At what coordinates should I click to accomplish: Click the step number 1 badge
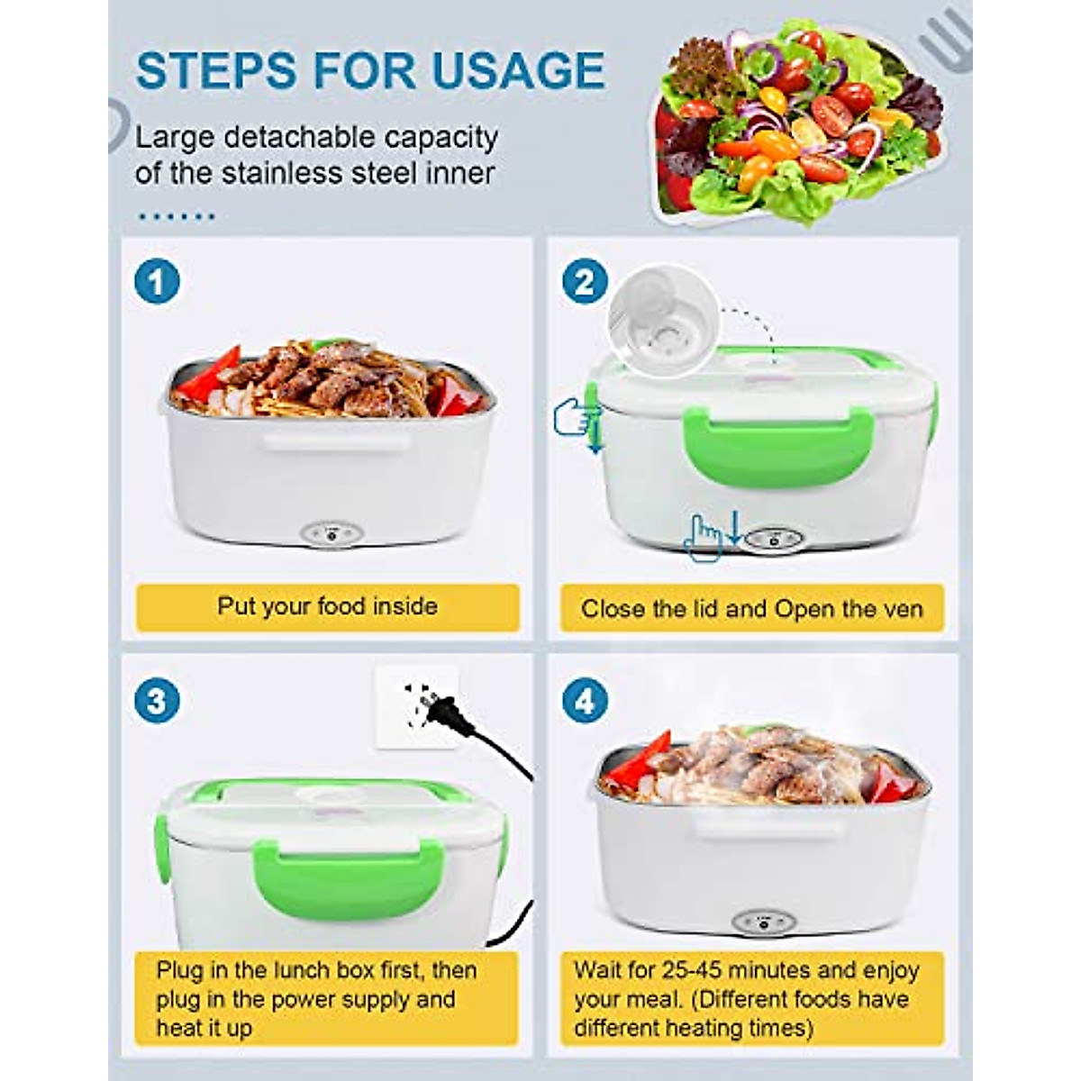[157, 282]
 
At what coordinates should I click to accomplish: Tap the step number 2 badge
[585, 282]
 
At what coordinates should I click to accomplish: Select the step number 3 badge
[157, 701]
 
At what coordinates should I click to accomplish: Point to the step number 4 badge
[585, 701]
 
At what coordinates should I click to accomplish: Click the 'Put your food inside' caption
[327, 606]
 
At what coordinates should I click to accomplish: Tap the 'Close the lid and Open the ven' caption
[752, 609]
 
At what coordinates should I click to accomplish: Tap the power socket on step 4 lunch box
[762, 922]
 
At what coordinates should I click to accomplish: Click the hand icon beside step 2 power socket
[704, 538]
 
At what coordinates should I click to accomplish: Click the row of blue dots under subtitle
[176, 216]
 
